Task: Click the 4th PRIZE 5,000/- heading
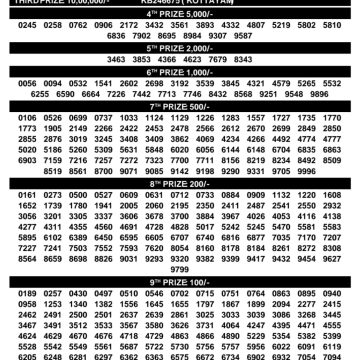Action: (179, 10)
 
